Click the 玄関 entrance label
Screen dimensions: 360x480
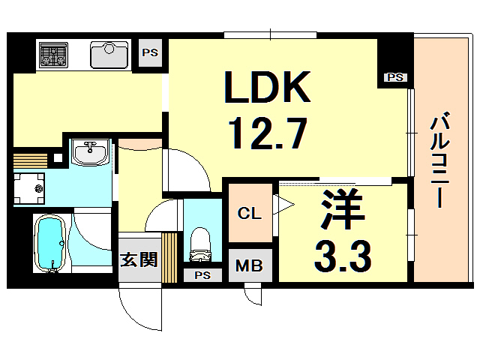139,260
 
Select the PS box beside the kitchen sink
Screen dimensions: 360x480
149,52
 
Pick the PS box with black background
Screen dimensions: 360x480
394,76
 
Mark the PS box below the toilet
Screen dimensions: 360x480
202,274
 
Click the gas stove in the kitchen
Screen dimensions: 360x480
54,53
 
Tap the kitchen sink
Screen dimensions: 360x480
111,54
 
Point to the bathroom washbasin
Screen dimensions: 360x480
91,152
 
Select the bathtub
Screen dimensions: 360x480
51,243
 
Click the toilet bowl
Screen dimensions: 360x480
199,241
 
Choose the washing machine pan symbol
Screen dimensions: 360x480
30,187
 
